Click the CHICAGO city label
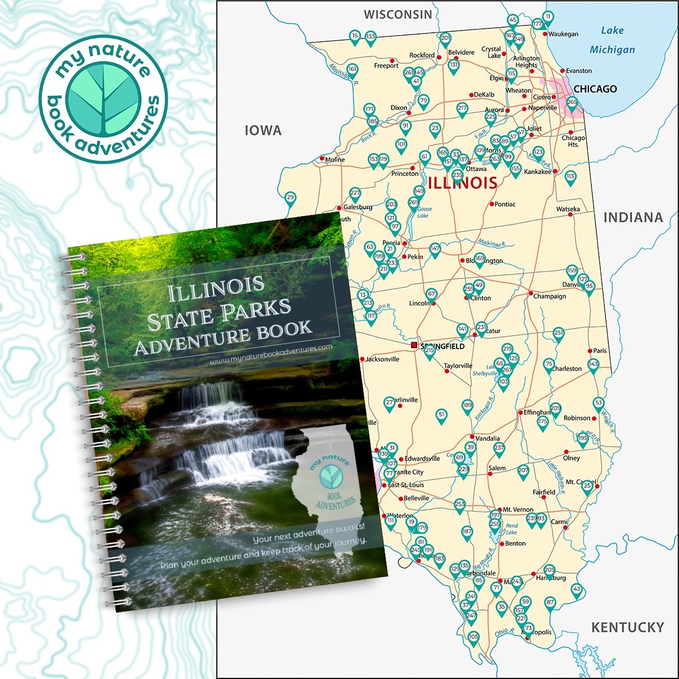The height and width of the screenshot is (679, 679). click(x=595, y=89)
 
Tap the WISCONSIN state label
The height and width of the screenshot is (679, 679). click(x=398, y=15)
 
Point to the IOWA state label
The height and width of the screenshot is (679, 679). click(x=263, y=131)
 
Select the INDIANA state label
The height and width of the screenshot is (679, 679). click(x=633, y=217)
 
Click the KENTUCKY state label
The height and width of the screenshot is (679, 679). click(x=628, y=627)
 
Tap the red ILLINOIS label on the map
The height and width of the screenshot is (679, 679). click(x=463, y=183)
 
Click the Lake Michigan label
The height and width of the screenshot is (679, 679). click(x=612, y=40)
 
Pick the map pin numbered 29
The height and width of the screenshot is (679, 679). click(x=290, y=198)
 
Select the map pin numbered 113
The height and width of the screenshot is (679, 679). click(x=570, y=177)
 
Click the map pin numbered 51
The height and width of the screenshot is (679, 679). click(x=442, y=415)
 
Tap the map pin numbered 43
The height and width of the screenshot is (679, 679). click(x=577, y=590)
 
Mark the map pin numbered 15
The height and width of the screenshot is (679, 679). click(x=355, y=37)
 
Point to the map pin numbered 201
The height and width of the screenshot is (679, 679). click(x=445, y=39)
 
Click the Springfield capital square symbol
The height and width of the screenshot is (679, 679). click(x=414, y=345)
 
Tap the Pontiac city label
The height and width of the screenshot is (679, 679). click(x=505, y=204)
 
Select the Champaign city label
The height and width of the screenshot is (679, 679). click(x=549, y=296)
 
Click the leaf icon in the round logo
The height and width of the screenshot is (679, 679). click(x=103, y=99)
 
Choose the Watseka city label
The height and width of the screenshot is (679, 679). click(x=568, y=209)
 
